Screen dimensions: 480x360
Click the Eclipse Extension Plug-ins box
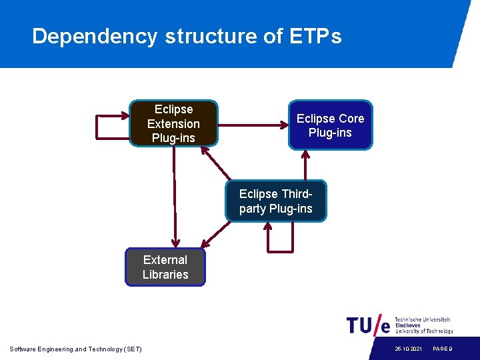tap(173, 123)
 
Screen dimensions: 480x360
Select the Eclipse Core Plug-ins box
tap(330, 125)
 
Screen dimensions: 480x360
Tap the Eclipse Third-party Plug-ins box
tap(275, 201)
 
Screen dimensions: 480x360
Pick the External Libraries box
tap(165, 267)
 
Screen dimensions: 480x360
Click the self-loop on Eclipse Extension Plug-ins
tap(98, 127)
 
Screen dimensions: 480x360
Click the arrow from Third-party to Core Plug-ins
tap(306, 165)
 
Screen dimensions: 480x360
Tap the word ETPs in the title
tap(315, 36)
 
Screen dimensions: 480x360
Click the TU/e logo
tap(368, 325)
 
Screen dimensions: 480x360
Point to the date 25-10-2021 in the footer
tap(407, 349)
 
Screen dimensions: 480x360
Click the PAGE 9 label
tap(443, 349)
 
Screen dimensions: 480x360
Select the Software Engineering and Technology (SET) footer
tap(75, 349)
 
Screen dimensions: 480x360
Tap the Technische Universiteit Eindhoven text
tap(424, 325)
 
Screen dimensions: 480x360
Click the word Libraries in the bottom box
tap(165, 274)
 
